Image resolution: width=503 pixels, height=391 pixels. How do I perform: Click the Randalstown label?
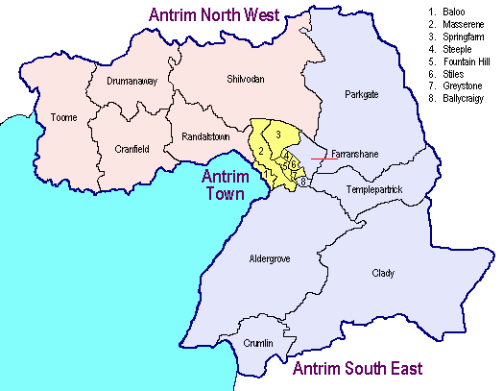(204, 138)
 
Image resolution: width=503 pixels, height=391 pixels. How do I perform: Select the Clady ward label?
(383, 274)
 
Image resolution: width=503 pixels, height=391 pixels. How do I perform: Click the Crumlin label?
(257, 344)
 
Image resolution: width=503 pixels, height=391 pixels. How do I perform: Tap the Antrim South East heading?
(356, 370)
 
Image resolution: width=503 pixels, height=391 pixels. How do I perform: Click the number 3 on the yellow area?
(276, 134)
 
